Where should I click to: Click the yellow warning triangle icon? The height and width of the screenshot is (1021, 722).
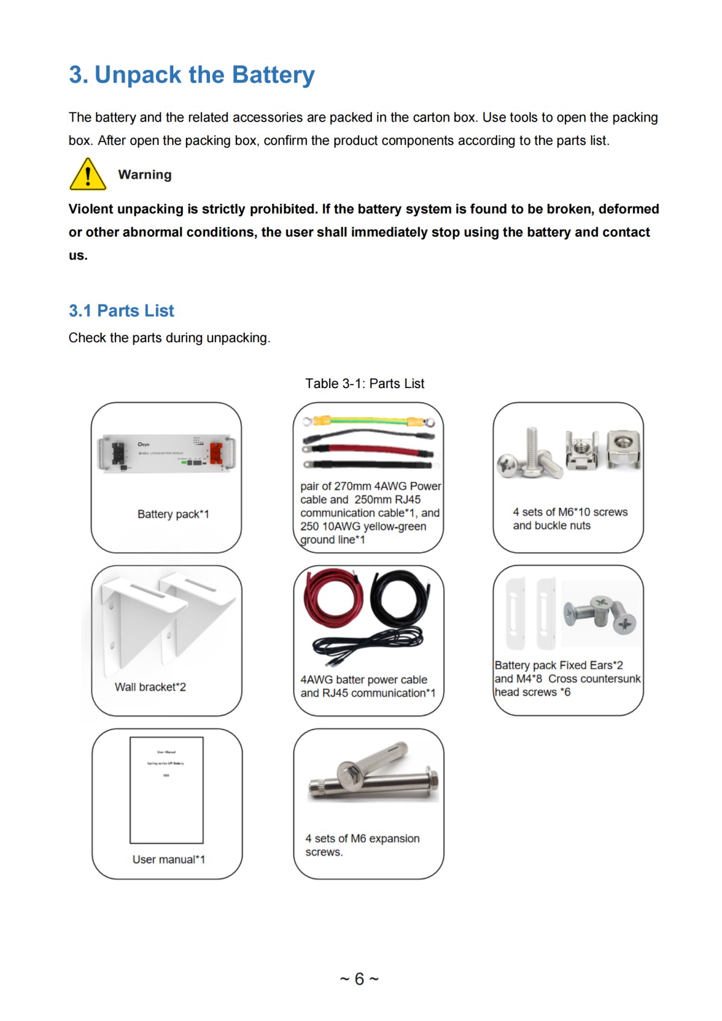pos(88,175)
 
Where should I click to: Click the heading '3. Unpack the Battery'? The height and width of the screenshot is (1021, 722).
pos(191,75)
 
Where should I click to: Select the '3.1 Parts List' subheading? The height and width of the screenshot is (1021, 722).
pos(121,310)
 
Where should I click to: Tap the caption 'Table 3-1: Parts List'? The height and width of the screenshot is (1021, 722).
pos(365,383)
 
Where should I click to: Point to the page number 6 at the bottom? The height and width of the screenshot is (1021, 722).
pos(359,979)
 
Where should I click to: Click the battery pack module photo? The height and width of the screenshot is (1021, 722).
pos(167,454)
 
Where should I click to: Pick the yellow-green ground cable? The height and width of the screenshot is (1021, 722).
pos(369,421)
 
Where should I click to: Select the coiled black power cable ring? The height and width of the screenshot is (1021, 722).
pos(400,598)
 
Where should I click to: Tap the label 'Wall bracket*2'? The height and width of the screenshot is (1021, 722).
pos(150,687)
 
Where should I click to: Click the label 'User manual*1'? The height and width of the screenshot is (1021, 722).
pos(168,859)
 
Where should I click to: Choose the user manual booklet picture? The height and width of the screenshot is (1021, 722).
pos(167,790)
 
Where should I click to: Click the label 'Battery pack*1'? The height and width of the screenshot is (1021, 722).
pos(173,514)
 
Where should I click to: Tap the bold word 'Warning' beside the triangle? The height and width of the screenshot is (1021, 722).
pos(145,174)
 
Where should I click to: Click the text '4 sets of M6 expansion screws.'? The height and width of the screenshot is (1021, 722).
pos(362,845)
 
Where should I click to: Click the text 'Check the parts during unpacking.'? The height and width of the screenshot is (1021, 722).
pos(169,338)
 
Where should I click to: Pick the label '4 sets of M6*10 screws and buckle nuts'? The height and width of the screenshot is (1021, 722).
pos(570,519)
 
